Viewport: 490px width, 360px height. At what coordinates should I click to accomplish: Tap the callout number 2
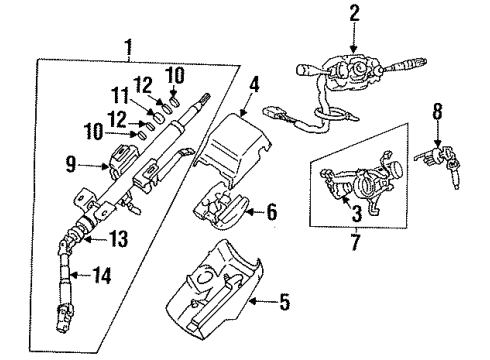click(353, 13)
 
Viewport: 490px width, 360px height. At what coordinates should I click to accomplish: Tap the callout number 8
click(437, 115)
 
